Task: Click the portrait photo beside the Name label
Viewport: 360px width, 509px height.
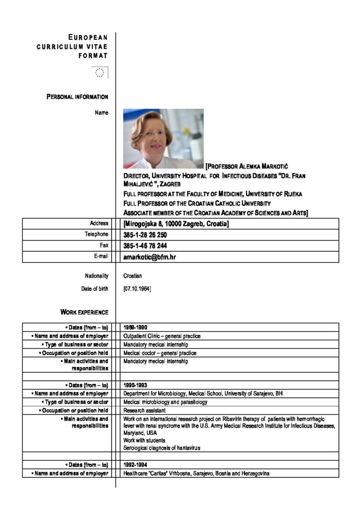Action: coord(163,139)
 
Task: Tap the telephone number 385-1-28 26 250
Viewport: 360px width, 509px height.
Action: coord(145,235)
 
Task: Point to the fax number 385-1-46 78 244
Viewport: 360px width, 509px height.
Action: coord(145,246)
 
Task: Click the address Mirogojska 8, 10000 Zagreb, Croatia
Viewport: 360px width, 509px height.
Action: coord(176,224)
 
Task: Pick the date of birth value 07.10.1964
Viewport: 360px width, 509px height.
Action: coord(137,288)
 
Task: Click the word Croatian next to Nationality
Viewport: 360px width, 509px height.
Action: coord(133,276)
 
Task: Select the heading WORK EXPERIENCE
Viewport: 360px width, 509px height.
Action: coord(84,312)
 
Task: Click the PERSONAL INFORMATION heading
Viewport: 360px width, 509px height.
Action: coord(78,96)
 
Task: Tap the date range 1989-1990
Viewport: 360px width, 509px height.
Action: coord(135,328)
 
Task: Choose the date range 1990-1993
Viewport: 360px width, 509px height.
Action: coord(135,385)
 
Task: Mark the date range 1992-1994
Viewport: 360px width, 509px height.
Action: coord(135,465)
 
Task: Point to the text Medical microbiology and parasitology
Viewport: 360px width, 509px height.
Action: coord(165,402)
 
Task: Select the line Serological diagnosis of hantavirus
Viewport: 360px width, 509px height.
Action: coord(162,448)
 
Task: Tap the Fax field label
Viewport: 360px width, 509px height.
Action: coord(103,246)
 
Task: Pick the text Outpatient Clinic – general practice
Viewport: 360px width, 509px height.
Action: coord(162,336)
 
